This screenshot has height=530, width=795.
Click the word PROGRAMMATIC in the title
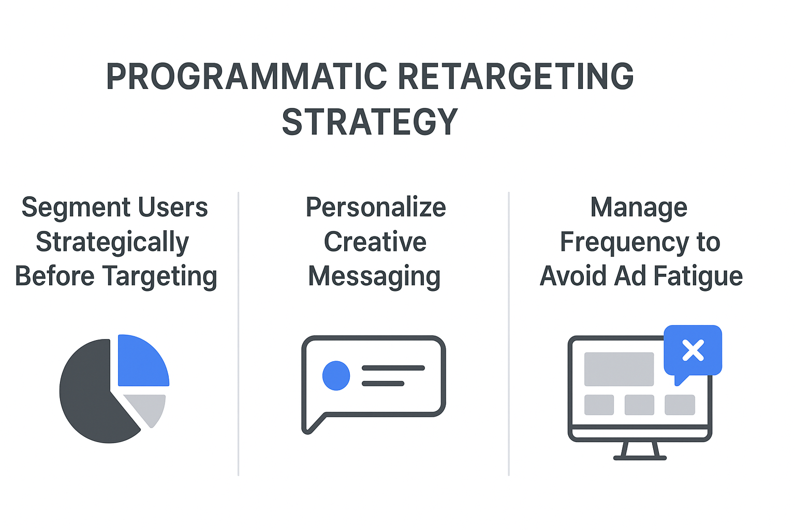pyautogui.click(x=246, y=77)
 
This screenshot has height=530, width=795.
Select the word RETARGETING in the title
pyautogui.click(x=516, y=77)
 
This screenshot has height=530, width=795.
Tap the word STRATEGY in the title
pyautogui.click(x=370, y=122)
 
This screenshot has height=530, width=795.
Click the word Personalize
pyautogui.click(x=376, y=207)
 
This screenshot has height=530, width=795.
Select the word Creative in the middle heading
pyautogui.click(x=375, y=242)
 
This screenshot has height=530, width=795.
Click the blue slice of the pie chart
pyautogui.click(x=142, y=363)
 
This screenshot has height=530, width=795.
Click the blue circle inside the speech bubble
pyautogui.click(x=336, y=376)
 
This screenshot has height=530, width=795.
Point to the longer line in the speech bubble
pyautogui.click(x=393, y=368)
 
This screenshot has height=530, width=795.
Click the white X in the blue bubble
pyautogui.click(x=693, y=350)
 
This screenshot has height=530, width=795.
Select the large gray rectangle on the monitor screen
pyautogui.click(x=619, y=369)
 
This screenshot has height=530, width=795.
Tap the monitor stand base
pyautogui.click(x=640, y=458)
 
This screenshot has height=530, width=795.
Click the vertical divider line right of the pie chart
pyautogui.click(x=239, y=334)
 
